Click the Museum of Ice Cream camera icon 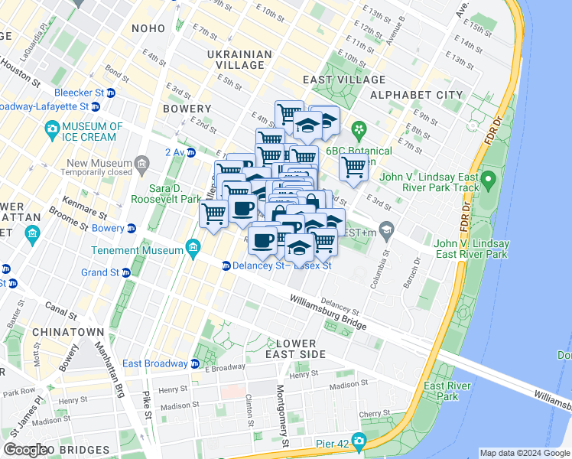point(53,127)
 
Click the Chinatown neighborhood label point(67,331)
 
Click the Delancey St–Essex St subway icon point(226,266)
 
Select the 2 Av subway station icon point(191,152)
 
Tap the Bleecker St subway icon point(111,93)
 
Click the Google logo point(25,450)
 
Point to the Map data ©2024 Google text point(524,453)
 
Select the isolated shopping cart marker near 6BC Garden point(353,167)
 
